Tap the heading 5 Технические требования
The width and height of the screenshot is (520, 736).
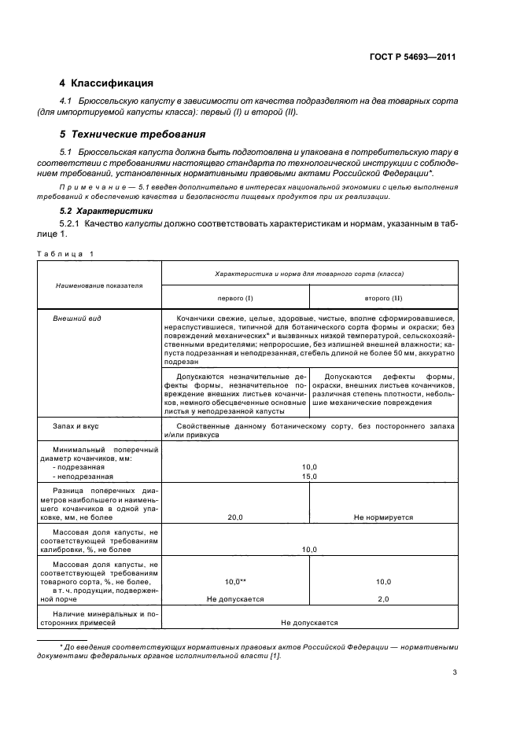132,134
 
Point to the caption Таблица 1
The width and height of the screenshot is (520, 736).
65,253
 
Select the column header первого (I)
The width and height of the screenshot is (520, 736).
235,299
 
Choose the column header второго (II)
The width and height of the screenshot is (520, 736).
383,299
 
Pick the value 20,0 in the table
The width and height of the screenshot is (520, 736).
235,518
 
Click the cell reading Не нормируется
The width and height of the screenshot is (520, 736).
383,518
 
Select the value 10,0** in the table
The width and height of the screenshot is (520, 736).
235,581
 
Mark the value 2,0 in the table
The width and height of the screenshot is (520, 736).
383,598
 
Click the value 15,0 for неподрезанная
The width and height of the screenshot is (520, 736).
309,476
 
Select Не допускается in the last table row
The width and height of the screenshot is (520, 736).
309,623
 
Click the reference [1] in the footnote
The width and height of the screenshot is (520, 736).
274,657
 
